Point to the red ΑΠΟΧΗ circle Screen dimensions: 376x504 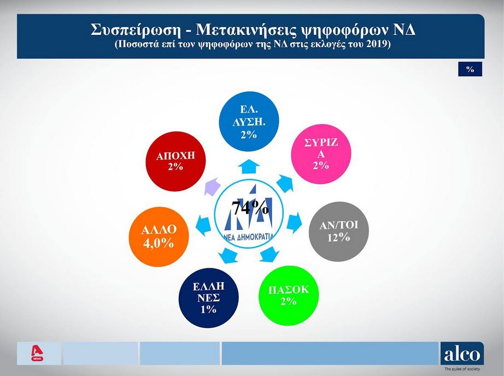tap(175, 161)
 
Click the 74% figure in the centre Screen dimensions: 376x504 tap(250, 208)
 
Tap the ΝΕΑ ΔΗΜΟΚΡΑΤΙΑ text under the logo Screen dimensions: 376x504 tap(251, 237)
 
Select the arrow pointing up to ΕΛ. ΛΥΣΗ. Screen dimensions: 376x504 tap(249, 166)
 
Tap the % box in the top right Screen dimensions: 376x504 tap(470, 69)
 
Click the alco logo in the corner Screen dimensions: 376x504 tap(461, 354)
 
